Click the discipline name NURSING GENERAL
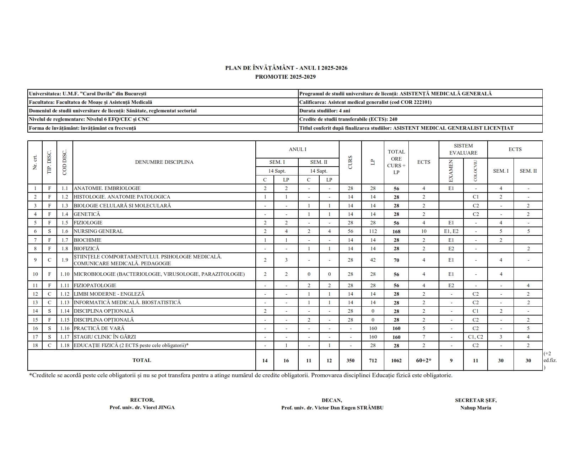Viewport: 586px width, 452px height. [x=98, y=231]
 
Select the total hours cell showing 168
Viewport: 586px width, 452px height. [x=396, y=231]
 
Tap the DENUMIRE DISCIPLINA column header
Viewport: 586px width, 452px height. [x=164, y=162]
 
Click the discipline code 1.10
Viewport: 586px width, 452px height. [x=65, y=274]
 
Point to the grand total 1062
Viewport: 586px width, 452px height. [x=396, y=361]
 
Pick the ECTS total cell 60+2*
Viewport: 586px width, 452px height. [x=424, y=361]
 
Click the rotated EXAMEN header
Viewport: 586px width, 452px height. [x=451, y=171]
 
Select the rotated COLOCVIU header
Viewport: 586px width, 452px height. [x=476, y=171]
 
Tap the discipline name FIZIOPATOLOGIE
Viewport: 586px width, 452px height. [x=95, y=285]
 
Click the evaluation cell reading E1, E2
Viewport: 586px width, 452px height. [x=451, y=231]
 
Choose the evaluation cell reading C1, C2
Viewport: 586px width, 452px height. [x=476, y=337]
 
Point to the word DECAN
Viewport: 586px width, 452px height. [x=332, y=400]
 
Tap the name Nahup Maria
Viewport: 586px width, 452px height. [x=476, y=408]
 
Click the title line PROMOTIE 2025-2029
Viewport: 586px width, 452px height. [x=285, y=77]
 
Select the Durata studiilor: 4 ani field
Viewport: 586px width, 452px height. [x=325, y=111]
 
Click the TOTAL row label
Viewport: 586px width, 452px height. [x=142, y=360]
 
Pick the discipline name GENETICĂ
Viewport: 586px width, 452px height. [x=87, y=214]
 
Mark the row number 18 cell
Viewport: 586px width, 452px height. [x=35, y=345]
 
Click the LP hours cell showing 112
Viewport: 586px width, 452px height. [x=373, y=231]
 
